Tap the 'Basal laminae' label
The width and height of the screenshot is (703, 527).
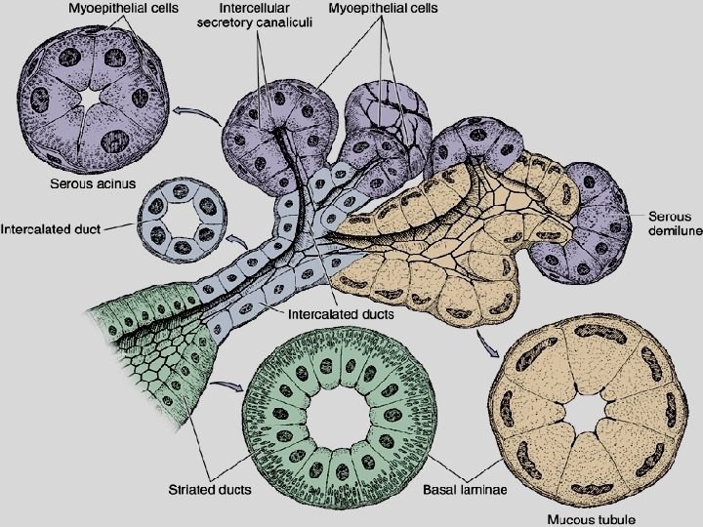click(466, 488)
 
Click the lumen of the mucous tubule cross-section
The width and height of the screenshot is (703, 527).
click(586, 415)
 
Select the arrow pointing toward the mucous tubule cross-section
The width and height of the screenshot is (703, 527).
click(484, 339)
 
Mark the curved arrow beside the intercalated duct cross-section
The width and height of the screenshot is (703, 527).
click(235, 237)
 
